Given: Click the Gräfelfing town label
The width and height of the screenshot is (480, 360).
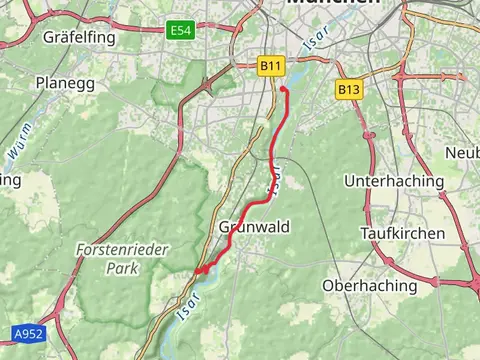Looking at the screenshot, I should (80, 38).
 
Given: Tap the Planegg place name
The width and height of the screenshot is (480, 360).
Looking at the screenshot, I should (65, 83).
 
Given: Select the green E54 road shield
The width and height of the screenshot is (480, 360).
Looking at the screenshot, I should (180, 31).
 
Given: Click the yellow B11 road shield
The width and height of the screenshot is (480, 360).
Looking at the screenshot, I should (270, 66).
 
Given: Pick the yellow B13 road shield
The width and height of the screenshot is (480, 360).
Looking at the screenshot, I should (348, 90).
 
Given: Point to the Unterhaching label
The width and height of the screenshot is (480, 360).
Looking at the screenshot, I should (393, 181).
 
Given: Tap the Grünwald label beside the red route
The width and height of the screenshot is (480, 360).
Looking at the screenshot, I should (254, 227).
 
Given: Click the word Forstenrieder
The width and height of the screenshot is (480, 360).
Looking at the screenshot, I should (122, 250).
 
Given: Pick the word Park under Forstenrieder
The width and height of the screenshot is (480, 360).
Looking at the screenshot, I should (122, 269).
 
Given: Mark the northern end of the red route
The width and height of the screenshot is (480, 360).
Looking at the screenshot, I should (283, 90).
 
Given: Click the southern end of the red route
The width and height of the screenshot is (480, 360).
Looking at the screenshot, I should (199, 270).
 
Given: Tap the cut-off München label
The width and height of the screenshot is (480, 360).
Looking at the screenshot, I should (333, 4).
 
